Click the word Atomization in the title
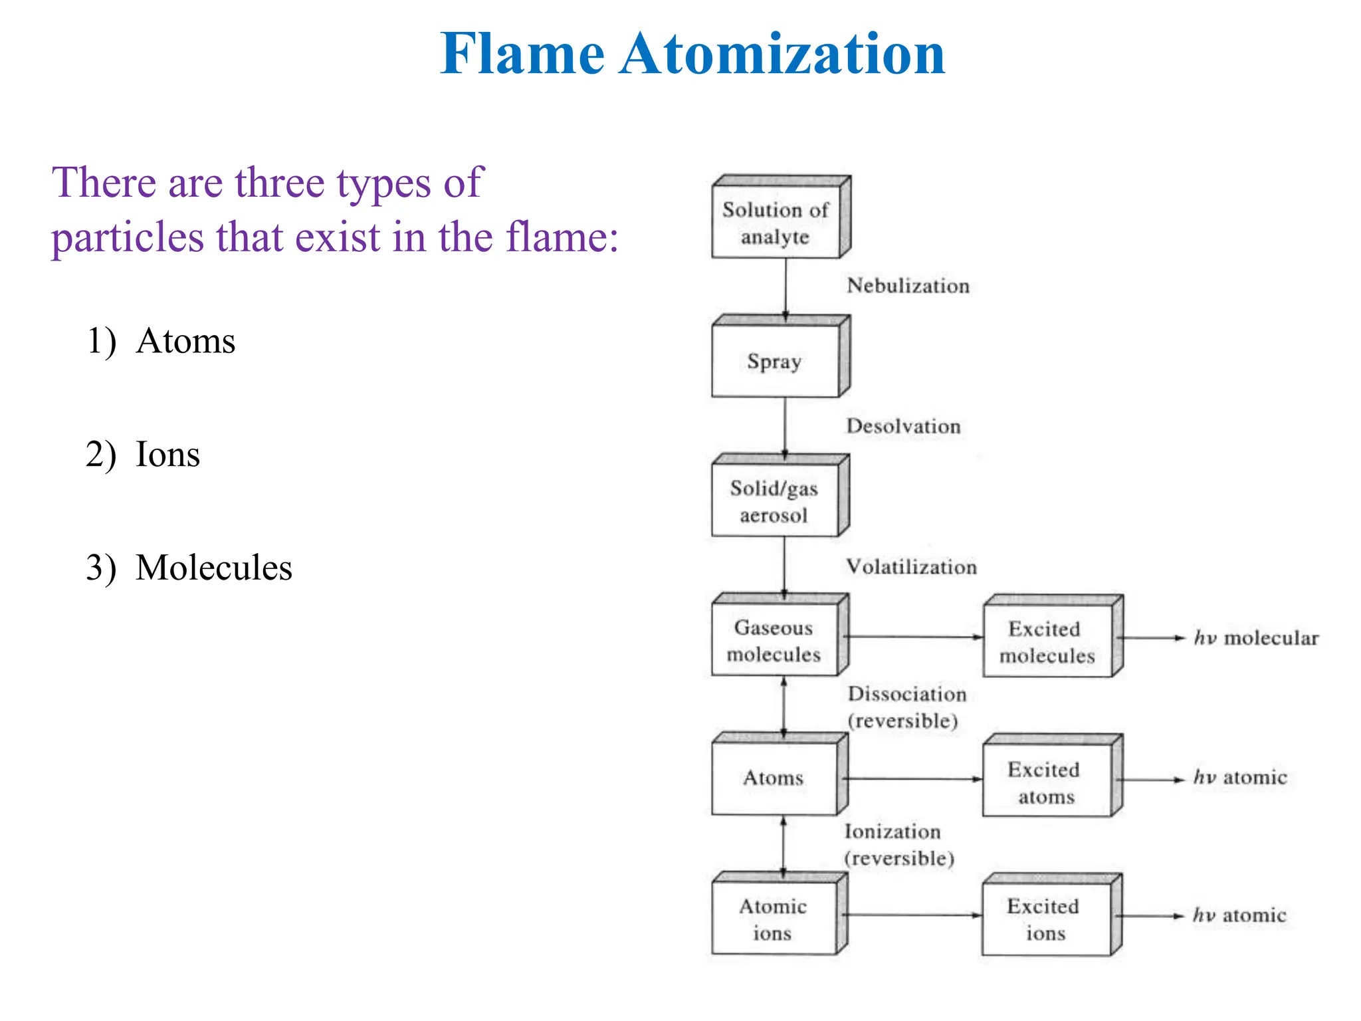(782, 55)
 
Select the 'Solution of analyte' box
(776, 223)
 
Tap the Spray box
(775, 362)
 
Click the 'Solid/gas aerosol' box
(774, 502)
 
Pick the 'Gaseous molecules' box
(774, 641)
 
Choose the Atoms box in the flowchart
(774, 778)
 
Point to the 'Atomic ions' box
(774, 919)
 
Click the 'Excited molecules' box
(1047, 642)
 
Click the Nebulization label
(908, 286)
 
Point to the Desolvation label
(903, 426)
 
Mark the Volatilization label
(911, 567)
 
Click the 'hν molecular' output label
(1256, 638)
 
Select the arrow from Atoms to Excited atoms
(914, 778)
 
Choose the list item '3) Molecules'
(189, 568)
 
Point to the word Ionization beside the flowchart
(892, 832)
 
